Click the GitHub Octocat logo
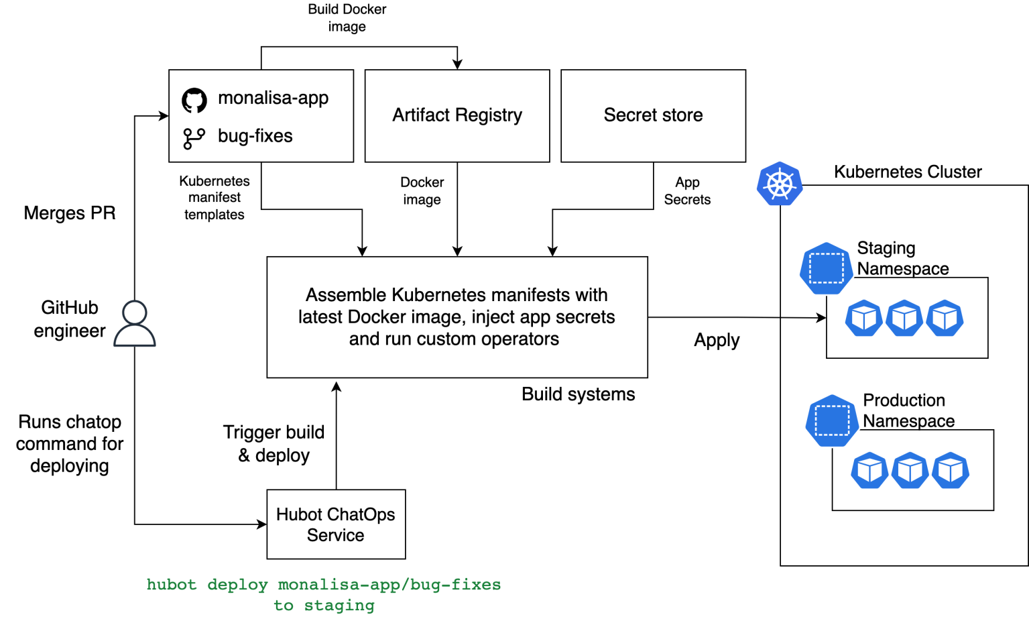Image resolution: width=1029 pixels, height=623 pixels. pyautogui.click(x=194, y=101)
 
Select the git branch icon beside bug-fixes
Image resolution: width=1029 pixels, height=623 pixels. pyautogui.click(x=194, y=138)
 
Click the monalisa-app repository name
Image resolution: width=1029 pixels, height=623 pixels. pyautogui.click(x=273, y=98)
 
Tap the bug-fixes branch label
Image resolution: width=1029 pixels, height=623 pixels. pyautogui.click(x=255, y=136)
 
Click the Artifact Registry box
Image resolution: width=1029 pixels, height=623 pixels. pyautogui.click(x=457, y=115)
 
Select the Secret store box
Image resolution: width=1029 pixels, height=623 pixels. pyautogui.click(x=653, y=115)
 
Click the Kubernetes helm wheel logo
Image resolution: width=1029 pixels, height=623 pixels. pyautogui.click(x=780, y=184)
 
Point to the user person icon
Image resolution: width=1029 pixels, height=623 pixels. pyautogui.click(x=135, y=323)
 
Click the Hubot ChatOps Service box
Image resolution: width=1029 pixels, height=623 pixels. pyautogui.click(x=336, y=524)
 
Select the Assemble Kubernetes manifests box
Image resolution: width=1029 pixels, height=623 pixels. pyautogui.click(x=457, y=317)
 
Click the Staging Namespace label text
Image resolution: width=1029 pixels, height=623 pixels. pyautogui.click(x=902, y=258)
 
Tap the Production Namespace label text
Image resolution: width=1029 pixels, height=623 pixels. pyautogui.click(x=908, y=410)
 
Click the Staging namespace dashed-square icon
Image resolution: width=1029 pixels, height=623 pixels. pyautogui.click(x=826, y=268)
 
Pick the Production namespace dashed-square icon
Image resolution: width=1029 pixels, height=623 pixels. pyautogui.click(x=832, y=420)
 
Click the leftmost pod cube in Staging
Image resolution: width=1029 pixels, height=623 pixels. pyautogui.click(x=863, y=318)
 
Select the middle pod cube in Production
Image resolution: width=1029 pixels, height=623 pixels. pyautogui.click(x=910, y=470)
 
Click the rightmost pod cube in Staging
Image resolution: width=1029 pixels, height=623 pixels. pyautogui.click(x=945, y=318)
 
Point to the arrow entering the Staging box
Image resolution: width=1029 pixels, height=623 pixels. pyautogui.click(x=804, y=317)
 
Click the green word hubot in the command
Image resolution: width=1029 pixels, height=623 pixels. pyautogui.click(x=172, y=585)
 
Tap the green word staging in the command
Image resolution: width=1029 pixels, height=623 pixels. pyautogui.click(x=339, y=606)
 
